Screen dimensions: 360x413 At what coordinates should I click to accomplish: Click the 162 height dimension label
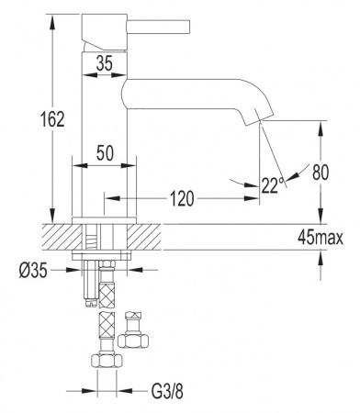click(x=52, y=119)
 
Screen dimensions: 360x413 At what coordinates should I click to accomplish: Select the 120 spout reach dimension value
click(x=182, y=198)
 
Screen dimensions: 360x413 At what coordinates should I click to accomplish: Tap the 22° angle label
click(x=273, y=184)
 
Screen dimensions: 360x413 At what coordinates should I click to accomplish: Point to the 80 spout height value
click(x=321, y=173)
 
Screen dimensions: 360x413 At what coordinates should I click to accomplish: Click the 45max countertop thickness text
click(x=321, y=238)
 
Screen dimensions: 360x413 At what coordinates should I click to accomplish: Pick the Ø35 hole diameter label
click(x=33, y=271)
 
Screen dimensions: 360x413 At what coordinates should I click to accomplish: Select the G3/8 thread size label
click(x=168, y=391)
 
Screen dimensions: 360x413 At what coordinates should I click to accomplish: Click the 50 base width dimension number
click(x=105, y=152)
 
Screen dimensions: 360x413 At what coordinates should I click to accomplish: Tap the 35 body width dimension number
click(x=105, y=63)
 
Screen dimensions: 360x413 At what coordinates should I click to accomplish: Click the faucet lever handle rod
click(x=159, y=27)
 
